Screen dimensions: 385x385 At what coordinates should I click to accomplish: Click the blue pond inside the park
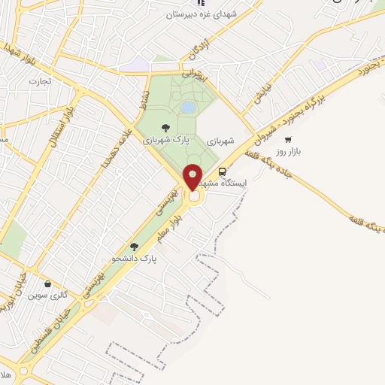tap(188, 108)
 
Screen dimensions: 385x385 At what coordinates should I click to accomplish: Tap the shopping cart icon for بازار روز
tap(288, 139)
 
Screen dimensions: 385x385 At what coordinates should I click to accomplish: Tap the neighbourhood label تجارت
tap(39, 80)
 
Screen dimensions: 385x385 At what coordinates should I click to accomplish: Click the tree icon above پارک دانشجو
tap(135, 246)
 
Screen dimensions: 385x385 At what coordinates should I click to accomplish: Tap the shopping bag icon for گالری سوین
tap(49, 284)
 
